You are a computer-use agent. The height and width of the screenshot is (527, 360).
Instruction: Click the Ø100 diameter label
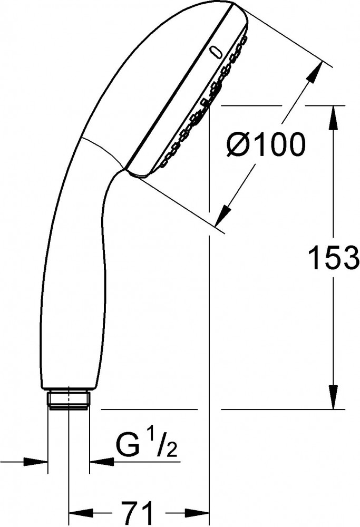click(266, 145)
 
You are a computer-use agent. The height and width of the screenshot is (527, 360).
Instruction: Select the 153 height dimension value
click(334, 258)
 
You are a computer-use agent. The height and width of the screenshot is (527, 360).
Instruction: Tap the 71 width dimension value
click(138, 513)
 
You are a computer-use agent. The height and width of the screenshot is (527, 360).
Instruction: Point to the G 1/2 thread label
click(146, 446)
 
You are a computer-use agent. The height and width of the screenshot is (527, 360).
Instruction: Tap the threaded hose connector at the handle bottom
click(69, 400)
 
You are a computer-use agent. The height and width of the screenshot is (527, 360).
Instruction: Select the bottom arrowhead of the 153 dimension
click(333, 397)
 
